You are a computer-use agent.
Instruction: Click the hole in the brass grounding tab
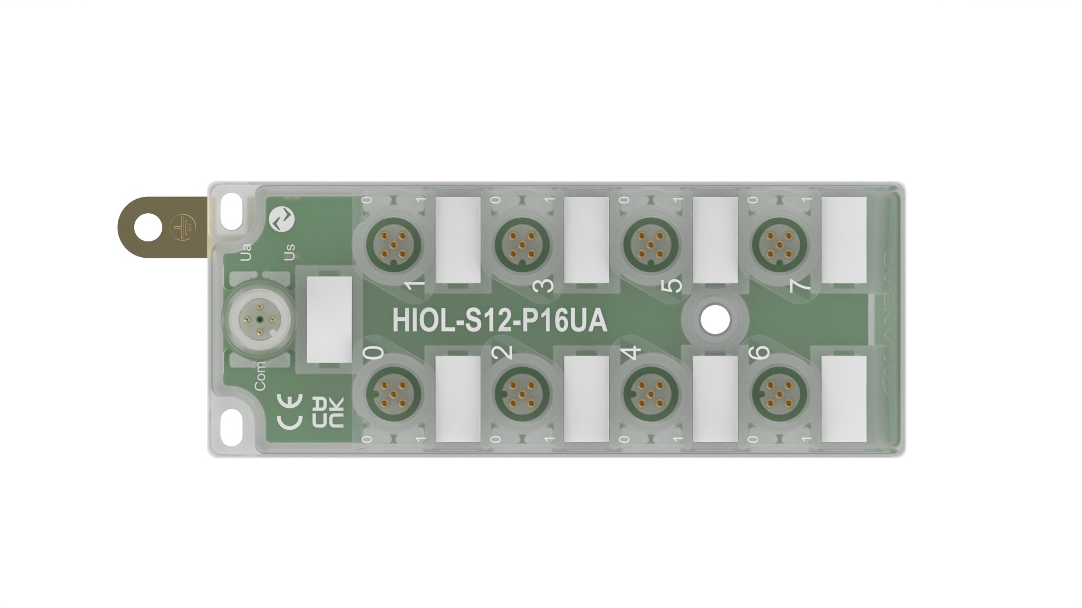[x=148, y=227]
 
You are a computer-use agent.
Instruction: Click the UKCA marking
[x=327, y=413]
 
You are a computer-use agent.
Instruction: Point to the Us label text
[x=290, y=252]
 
